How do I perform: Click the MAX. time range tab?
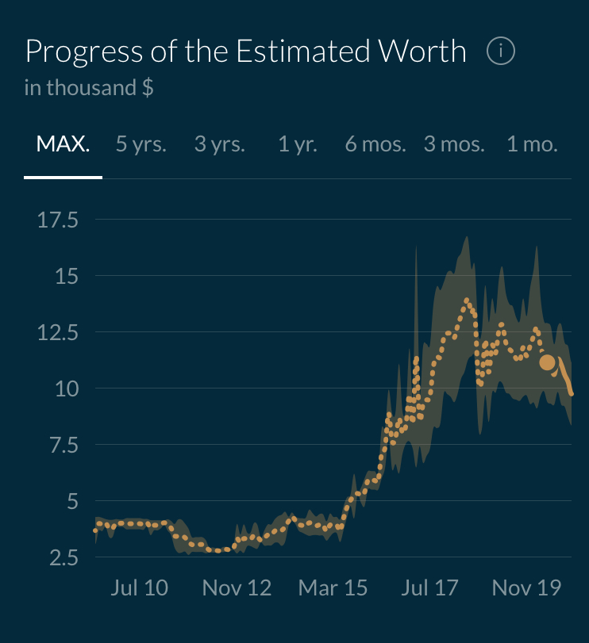pos(63,145)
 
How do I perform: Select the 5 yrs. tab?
pos(141,145)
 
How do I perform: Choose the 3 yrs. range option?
pos(220,145)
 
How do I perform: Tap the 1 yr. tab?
pos(298,145)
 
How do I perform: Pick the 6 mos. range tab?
pos(375,145)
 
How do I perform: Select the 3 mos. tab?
pos(454,145)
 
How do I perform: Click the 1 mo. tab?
pos(532,145)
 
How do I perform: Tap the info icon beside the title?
pos(501,52)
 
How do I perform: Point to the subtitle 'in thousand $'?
pos(89,87)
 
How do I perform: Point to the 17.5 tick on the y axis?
pos(58,220)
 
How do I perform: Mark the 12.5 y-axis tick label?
pos(58,333)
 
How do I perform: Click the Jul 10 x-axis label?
pos(140,588)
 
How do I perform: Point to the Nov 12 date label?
pos(237,588)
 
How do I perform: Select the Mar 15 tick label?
pos(333,588)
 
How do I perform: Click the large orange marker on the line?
pos(547,362)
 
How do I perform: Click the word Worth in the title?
pos(422,52)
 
